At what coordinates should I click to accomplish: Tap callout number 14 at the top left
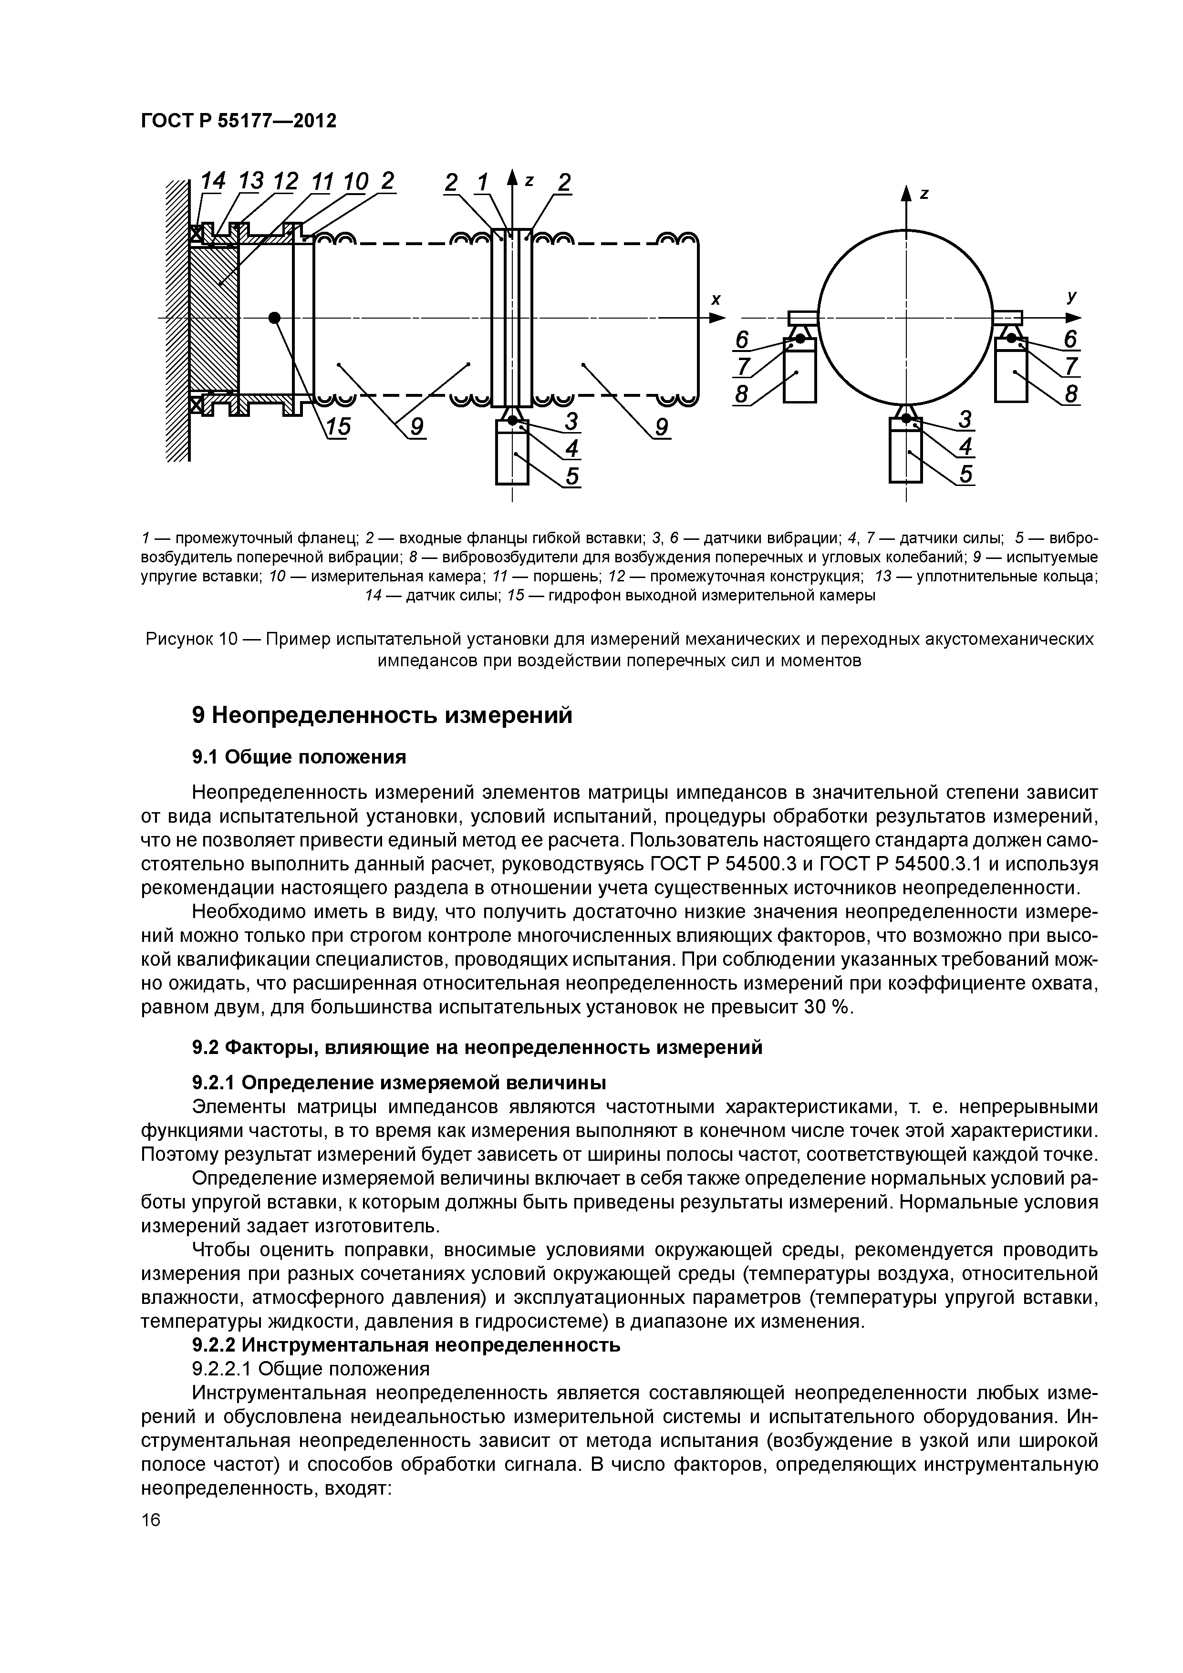(213, 181)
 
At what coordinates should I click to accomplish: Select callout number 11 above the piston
(321, 181)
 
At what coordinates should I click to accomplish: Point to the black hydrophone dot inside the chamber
(275, 317)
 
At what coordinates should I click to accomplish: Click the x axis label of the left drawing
(716, 299)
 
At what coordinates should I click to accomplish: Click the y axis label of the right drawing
(1071, 297)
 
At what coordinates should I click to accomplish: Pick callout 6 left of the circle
(742, 340)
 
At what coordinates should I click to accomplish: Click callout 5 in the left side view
(572, 475)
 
